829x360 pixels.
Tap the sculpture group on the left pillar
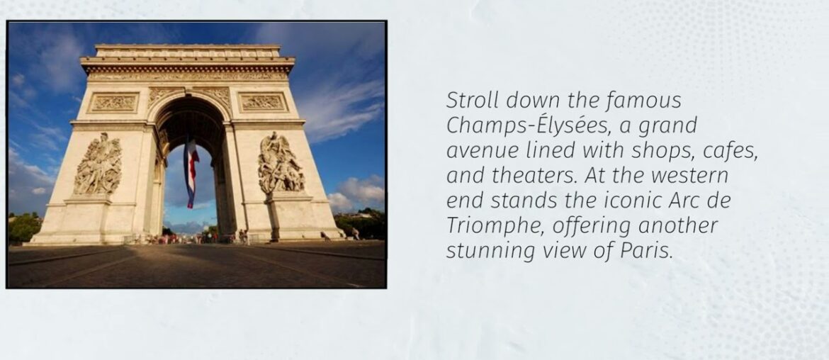point(98,164)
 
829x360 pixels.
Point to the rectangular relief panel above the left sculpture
point(113,103)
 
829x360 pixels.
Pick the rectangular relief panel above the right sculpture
point(263,102)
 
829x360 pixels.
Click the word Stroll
point(468,100)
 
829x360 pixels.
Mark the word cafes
point(732,151)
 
